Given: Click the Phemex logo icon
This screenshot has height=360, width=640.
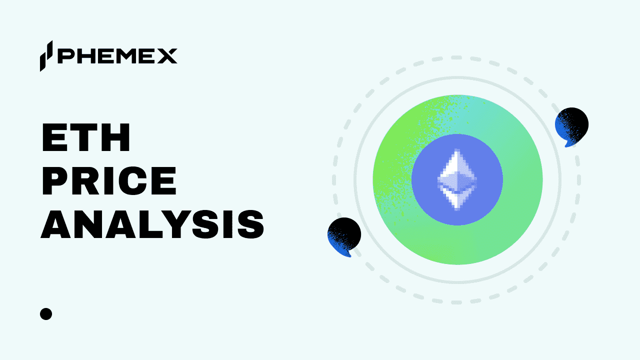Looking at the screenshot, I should click(46, 55).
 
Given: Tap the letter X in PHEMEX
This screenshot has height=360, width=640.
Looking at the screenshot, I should click(166, 56).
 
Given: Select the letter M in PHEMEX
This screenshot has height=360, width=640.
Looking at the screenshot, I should click(125, 56).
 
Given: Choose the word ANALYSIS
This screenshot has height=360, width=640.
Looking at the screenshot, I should click(152, 224).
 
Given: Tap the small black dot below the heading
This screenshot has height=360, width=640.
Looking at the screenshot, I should click(46, 314).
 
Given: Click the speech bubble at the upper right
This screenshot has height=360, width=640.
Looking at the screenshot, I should click(571, 125).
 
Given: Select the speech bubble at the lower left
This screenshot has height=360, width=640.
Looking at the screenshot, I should click(344, 236).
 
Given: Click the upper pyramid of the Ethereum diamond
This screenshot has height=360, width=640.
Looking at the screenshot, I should click(457, 170).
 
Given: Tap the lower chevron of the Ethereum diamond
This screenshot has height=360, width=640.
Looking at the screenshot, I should click(457, 197).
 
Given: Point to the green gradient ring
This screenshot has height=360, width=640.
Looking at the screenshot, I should click(395, 150).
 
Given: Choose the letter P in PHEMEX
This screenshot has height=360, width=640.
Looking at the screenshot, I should click(65, 56).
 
